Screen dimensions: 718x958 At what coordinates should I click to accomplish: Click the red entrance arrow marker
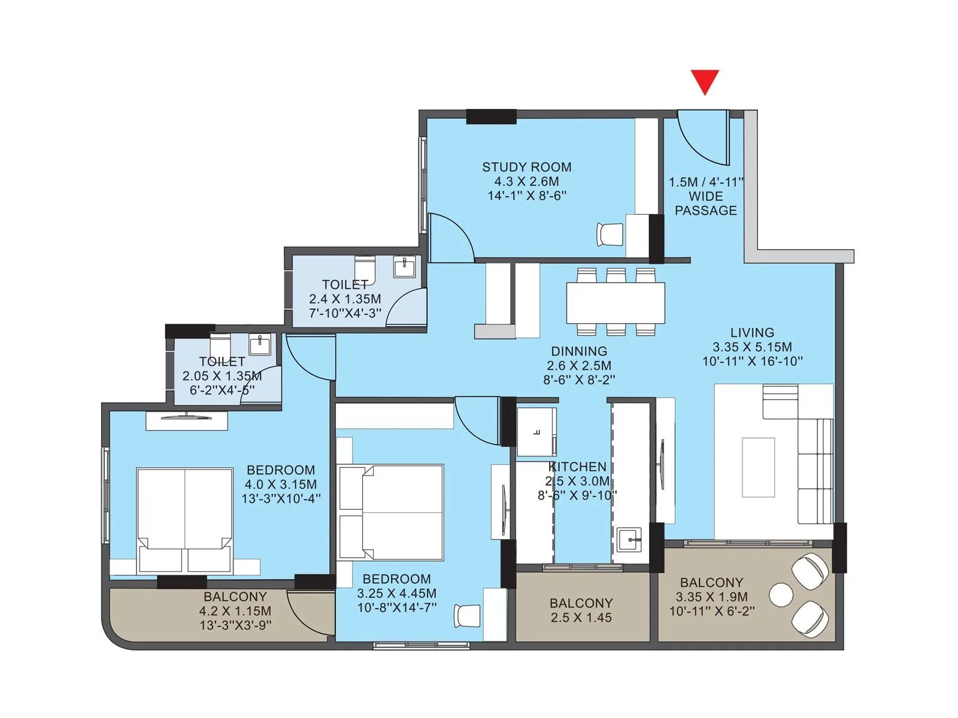coord(705,81)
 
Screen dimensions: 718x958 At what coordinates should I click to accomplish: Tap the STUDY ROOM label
coord(526,168)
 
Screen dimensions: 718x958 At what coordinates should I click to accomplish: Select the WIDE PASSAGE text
coord(706,203)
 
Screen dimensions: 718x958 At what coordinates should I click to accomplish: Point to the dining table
coord(616,303)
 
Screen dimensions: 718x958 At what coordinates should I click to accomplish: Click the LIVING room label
coord(752,333)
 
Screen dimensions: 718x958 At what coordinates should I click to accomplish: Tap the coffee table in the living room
coord(758,467)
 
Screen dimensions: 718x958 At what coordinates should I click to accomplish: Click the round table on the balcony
coord(781,595)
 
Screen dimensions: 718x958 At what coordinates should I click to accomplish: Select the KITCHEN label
coord(578,467)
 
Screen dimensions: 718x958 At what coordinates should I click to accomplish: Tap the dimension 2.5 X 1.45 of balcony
coord(581,618)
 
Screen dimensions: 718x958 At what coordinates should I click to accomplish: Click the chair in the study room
coord(610,233)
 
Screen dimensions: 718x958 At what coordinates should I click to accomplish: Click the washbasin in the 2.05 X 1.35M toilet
coord(260,344)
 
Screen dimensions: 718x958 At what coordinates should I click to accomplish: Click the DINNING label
coord(578,351)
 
